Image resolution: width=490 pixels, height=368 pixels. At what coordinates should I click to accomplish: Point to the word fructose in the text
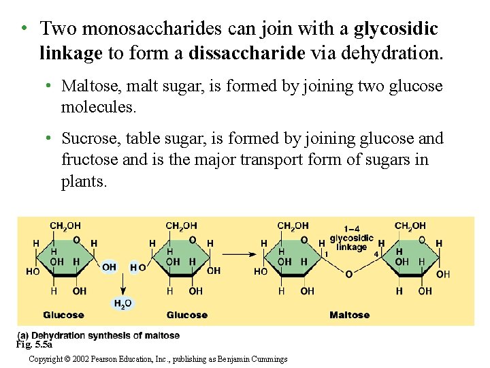click(91, 160)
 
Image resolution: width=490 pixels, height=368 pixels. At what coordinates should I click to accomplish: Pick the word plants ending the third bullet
click(84, 182)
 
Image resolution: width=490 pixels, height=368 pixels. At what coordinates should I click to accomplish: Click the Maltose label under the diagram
click(349, 315)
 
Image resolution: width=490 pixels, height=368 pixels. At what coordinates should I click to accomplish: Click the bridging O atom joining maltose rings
click(348, 274)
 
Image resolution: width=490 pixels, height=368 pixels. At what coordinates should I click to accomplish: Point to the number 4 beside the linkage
click(376, 254)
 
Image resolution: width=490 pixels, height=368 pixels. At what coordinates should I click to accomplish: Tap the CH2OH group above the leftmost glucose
click(65, 226)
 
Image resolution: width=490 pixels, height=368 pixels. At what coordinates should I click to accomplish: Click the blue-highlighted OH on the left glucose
click(109, 267)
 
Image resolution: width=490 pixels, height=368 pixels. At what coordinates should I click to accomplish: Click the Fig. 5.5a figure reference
click(34, 344)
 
